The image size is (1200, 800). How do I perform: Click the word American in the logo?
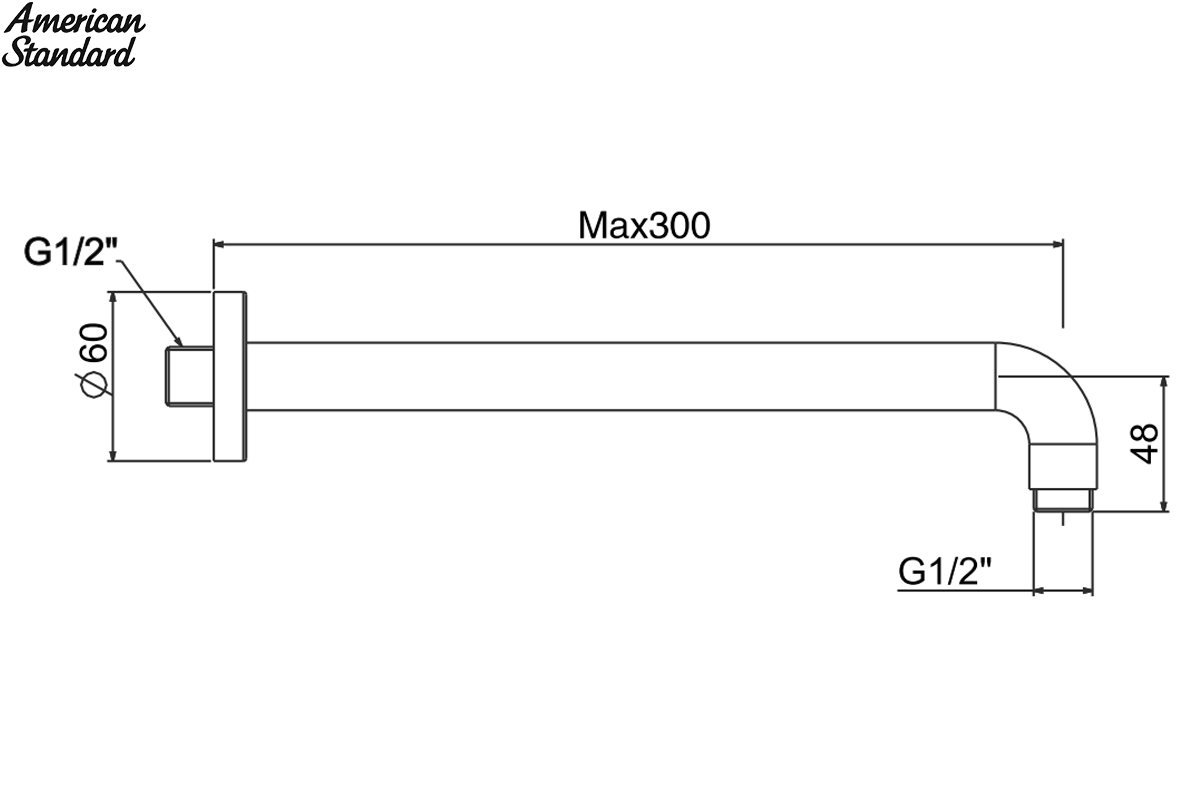click(74, 20)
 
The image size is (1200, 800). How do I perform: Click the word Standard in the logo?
click(69, 53)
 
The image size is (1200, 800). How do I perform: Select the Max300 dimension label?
click(644, 226)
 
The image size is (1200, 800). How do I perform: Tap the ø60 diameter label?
click(92, 360)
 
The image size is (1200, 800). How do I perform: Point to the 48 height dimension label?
click(1144, 444)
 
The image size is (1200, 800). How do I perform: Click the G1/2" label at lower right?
click(944, 571)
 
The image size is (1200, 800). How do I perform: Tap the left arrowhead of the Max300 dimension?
click(219, 245)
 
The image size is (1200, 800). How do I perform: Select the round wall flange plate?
click(230, 376)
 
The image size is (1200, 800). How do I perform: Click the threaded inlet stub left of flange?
click(190, 376)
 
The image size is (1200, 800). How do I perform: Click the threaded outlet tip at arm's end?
click(1063, 500)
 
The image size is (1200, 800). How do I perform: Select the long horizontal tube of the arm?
click(621, 376)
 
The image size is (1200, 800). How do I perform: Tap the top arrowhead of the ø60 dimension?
click(112, 298)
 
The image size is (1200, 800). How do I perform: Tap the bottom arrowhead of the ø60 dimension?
click(112, 455)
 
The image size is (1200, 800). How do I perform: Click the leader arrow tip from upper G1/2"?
click(181, 345)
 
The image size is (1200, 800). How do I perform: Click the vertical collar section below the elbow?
click(1063, 466)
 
